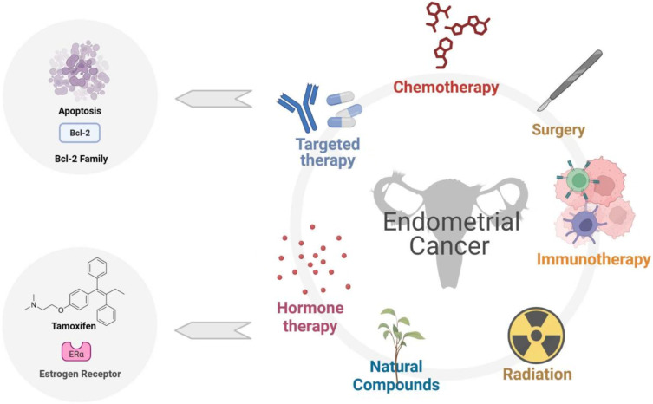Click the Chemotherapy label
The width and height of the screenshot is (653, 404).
[x=446, y=87]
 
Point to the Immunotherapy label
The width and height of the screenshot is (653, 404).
[x=593, y=259]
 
